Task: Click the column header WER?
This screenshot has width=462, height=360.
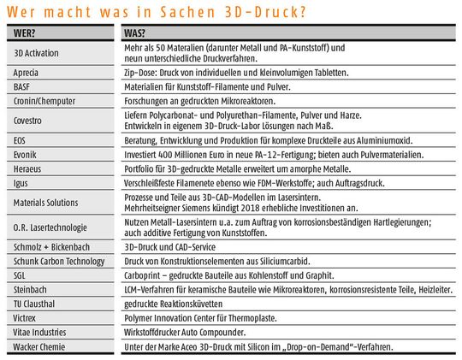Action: tap(27, 33)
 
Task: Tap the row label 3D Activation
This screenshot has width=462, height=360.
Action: tap(37, 52)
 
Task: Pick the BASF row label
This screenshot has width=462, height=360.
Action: tap(23, 88)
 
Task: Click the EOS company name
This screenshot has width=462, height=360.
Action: tap(21, 141)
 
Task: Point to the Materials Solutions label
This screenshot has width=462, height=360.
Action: tap(46, 202)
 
